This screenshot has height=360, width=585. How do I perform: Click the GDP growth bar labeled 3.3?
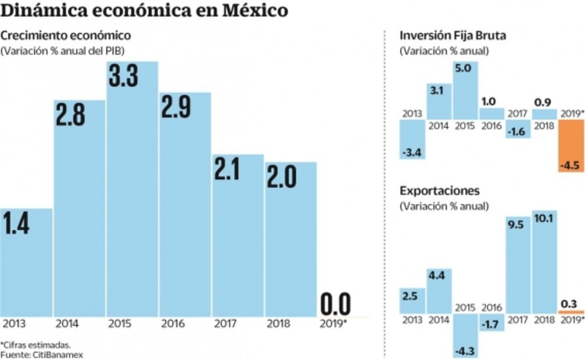pos(132,192)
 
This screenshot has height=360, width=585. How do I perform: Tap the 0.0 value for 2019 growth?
pos(336,304)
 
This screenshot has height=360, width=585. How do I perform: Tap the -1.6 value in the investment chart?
pos(517,132)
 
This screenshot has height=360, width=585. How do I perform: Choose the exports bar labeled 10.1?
pos(544,261)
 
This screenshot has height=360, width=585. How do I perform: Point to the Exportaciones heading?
pos(439,191)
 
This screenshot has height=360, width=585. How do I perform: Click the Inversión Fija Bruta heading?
pos(453,35)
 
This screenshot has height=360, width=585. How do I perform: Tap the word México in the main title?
pos(253,11)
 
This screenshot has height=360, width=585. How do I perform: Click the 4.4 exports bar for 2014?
pos(439,290)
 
